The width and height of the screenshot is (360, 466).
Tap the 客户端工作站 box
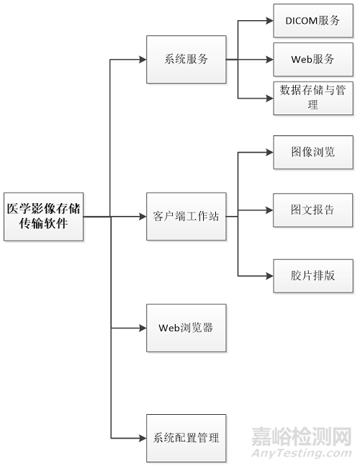[186, 215]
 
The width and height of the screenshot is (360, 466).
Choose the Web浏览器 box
[186, 328]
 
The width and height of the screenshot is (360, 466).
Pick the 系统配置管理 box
[186, 437]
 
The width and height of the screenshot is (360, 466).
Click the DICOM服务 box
[313, 20]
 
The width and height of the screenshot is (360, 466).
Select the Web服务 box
[313, 58]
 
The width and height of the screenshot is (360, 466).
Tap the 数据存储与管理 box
[313, 97]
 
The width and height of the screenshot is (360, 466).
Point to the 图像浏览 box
[313, 152]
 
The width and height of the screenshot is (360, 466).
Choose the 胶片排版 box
[313, 275]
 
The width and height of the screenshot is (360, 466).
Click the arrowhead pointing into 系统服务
[142, 59]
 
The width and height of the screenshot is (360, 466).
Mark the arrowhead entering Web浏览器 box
[142, 328]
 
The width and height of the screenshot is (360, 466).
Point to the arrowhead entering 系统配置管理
[142, 437]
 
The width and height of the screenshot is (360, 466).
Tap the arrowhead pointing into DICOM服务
[269, 20]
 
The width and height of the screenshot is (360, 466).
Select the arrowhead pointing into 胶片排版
[269, 275]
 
